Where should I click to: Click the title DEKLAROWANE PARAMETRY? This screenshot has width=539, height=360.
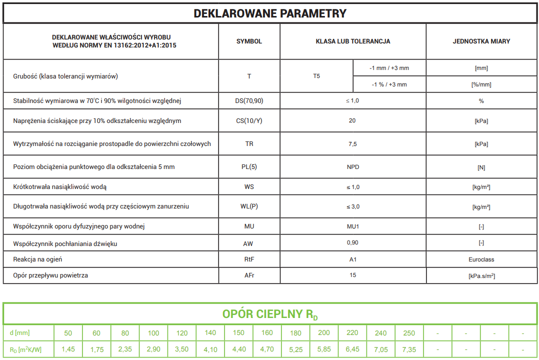pyautogui.click(x=269, y=13)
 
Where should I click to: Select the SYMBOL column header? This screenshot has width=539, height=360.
pyautogui.click(x=249, y=41)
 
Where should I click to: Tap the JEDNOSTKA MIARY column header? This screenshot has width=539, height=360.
pyautogui.click(x=481, y=41)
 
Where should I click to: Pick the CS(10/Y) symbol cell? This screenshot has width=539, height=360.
pyautogui.click(x=249, y=121)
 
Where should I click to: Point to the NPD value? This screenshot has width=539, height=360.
pyautogui.click(x=353, y=166)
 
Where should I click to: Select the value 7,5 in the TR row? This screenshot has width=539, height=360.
pyautogui.click(x=353, y=144)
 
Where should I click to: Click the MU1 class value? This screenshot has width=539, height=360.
pyautogui.click(x=353, y=226)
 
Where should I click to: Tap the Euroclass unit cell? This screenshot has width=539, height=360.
pyautogui.click(x=481, y=259)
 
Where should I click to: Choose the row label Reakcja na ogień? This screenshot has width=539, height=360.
pyautogui.click(x=37, y=259)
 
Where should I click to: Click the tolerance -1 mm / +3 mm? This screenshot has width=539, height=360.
pyautogui.click(x=389, y=68)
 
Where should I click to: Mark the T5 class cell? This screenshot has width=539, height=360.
pyautogui.click(x=316, y=76)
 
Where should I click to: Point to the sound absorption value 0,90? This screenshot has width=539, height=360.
pyautogui.click(x=353, y=242)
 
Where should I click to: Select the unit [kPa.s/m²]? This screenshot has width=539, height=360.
pyautogui.click(x=481, y=275)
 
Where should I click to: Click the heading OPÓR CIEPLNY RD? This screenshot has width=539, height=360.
pyautogui.click(x=269, y=314)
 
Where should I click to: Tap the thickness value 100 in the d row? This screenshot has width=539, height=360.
pyautogui.click(x=153, y=333)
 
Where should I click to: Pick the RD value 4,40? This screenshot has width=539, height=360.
pyautogui.click(x=239, y=349)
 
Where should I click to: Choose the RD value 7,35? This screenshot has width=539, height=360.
pyautogui.click(x=409, y=349)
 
